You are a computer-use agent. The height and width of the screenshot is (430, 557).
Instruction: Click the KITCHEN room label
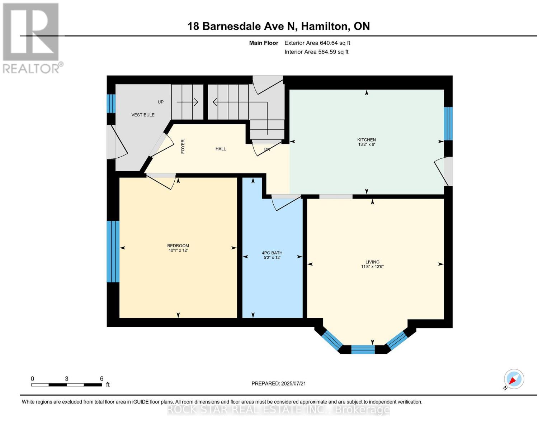tap(366, 140)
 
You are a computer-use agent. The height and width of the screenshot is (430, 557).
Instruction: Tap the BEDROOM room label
tap(178, 246)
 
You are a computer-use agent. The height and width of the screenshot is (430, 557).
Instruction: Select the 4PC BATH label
tap(272, 253)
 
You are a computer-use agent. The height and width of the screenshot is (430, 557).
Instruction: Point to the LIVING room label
tap(372, 262)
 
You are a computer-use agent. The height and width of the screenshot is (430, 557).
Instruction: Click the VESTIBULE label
tap(143, 115)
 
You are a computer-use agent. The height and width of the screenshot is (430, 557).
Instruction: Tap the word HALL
tap(221, 149)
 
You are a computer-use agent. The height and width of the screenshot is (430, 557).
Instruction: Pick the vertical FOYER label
tap(183, 147)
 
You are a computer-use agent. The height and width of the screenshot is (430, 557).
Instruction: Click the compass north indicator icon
tap(514, 379)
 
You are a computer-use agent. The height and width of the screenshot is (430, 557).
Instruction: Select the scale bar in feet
tap(66, 385)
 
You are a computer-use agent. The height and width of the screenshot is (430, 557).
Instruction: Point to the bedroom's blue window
tap(113, 252)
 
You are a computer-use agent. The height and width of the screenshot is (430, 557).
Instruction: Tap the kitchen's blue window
tap(448, 124)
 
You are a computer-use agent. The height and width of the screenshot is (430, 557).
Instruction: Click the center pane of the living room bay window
tap(363, 349)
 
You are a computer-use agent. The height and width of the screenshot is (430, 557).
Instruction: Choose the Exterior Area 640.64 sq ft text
tap(317, 43)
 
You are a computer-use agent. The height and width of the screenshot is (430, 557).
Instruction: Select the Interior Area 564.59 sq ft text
tap(316, 52)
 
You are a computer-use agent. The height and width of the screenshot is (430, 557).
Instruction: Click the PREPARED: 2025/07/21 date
tap(278, 383)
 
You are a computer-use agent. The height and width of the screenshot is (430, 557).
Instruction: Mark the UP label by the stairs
tap(161, 102)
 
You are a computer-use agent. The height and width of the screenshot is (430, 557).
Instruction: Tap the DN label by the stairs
tap(267, 149)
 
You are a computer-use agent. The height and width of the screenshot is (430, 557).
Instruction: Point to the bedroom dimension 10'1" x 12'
tap(178, 250)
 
